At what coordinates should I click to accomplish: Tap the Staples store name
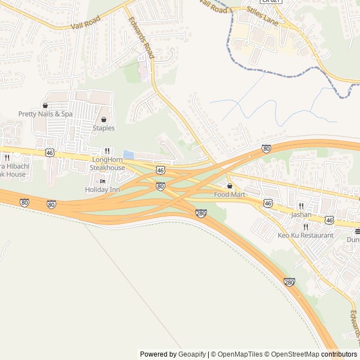(x=103, y=128)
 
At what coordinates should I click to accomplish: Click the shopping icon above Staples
(x=103, y=119)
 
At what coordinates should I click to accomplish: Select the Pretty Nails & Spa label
(x=46, y=114)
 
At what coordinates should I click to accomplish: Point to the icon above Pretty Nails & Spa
(x=45, y=105)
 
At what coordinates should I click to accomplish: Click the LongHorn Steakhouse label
(x=108, y=164)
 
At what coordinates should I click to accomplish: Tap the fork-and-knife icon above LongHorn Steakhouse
(x=107, y=151)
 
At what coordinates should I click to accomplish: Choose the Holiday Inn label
(x=102, y=190)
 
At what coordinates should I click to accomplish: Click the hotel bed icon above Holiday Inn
(x=102, y=181)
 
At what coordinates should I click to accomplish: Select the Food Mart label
(x=229, y=195)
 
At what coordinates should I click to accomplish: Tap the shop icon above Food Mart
(x=229, y=186)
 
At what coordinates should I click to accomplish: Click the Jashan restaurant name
(x=301, y=215)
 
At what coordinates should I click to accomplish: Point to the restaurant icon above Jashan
(x=301, y=206)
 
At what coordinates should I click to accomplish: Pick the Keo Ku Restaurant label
(x=305, y=235)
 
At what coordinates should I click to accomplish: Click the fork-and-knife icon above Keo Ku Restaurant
(x=305, y=227)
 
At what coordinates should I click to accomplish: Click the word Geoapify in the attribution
(x=192, y=354)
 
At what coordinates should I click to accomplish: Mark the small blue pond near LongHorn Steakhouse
(x=128, y=154)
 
